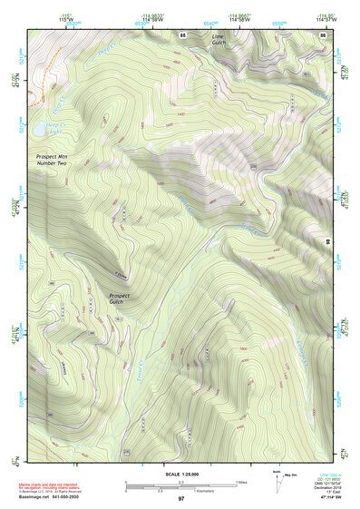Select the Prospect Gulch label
pyautogui.click(x=121, y=299)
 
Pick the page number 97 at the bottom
pyautogui.click(x=181, y=499)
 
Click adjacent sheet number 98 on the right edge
pyautogui.click(x=328, y=241)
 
